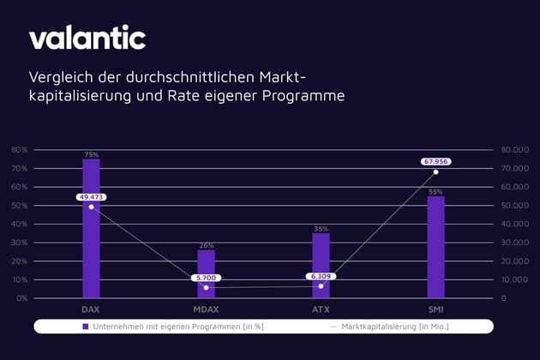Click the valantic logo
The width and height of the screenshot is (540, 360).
tap(87, 39)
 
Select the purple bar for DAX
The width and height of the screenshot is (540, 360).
tap(91, 228)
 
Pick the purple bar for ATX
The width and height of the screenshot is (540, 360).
tap(321, 265)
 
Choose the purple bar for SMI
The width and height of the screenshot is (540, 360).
tap(435, 247)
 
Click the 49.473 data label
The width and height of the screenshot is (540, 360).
tap(91, 197)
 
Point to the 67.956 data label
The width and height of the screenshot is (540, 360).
tap(435, 161)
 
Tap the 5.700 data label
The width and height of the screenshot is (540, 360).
tap(206, 278)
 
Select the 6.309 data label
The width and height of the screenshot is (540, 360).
tap(321, 276)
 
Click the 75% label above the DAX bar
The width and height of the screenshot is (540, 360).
tap(91, 155)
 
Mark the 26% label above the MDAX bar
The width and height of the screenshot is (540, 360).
tap(206, 245)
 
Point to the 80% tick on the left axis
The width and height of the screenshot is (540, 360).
tap(19, 149)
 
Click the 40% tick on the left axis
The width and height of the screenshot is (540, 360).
tap(19, 224)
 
